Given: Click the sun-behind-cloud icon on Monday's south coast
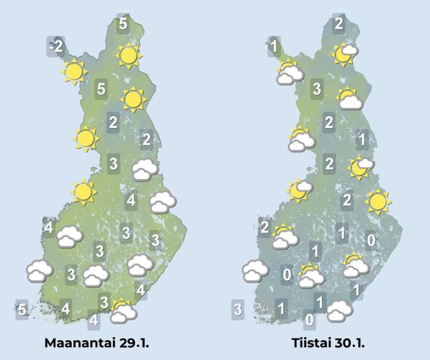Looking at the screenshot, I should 123,311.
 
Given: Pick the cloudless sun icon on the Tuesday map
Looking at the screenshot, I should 377,201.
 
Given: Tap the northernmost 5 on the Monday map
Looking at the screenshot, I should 123,25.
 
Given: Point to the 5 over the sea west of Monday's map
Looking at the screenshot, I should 22,308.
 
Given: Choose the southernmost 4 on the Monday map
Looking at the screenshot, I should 93,320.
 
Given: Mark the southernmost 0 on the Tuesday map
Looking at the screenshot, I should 310,320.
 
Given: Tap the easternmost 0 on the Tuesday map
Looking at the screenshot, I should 371,240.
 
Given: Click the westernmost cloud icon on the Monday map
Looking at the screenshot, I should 39,270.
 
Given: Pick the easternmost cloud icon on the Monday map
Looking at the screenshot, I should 163,202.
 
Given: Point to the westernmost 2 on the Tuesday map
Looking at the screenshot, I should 265,228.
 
